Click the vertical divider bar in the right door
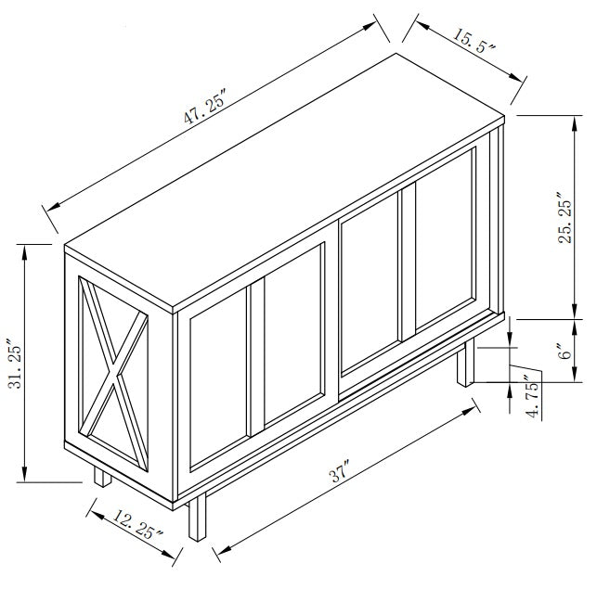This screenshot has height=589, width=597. pyautogui.click(x=408, y=264)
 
